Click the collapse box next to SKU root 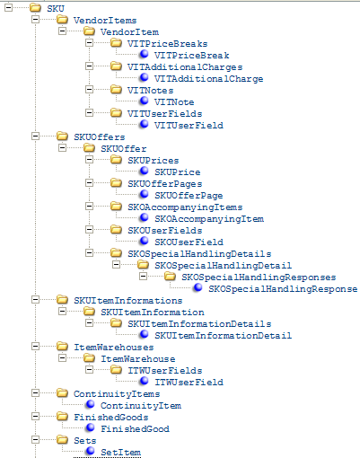8,8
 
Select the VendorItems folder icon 62,20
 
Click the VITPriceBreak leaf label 192,56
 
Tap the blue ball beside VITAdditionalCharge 144,77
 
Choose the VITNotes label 150,91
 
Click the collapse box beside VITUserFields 89,112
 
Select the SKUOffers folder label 100,137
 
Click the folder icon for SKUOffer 89,148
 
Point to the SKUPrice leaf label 178,172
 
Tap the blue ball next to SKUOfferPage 144,194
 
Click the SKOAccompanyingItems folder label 185,207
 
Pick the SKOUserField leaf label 189,242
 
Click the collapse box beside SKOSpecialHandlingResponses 143,276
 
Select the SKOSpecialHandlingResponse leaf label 283,289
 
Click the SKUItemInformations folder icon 62,299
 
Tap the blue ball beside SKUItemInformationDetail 144,334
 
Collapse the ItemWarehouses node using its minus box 35,346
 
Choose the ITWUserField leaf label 189,383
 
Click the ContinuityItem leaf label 141,406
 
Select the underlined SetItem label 120,453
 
